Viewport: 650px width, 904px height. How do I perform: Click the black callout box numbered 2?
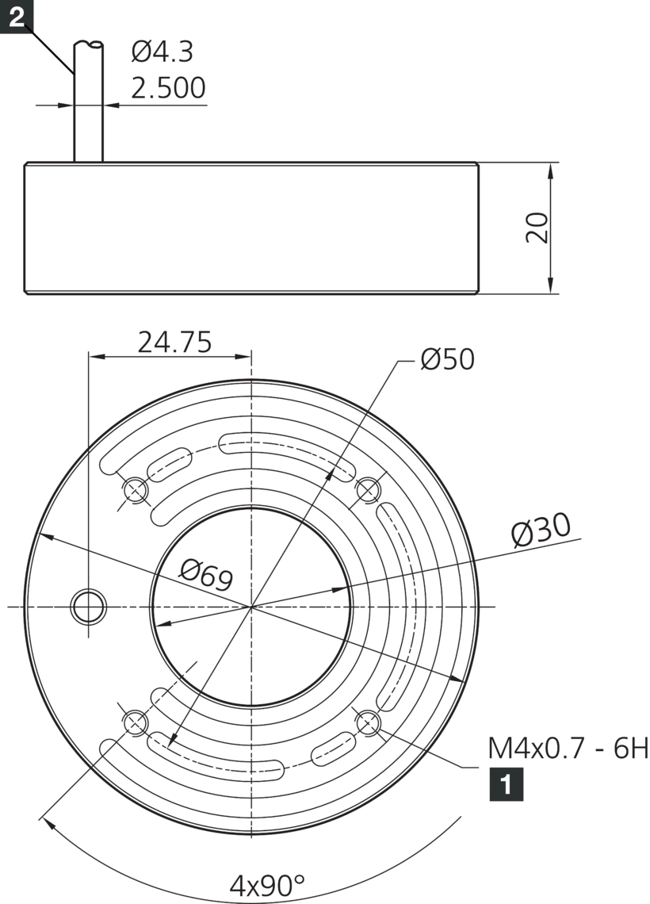click(x=16, y=16)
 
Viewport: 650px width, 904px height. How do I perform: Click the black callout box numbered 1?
click(x=507, y=784)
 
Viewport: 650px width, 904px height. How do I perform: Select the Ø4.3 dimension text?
click(x=162, y=52)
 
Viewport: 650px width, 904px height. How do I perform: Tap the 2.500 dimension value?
click(x=168, y=88)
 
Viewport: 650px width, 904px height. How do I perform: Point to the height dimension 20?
click(x=537, y=228)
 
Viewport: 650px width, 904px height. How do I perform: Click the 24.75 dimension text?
click(x=174, y=342)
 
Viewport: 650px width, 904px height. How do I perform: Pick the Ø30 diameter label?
click(x=541, y=529)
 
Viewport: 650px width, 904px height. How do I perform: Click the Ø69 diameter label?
click(x=206, y=575)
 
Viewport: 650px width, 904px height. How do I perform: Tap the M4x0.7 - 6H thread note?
click(x=568, y=749)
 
